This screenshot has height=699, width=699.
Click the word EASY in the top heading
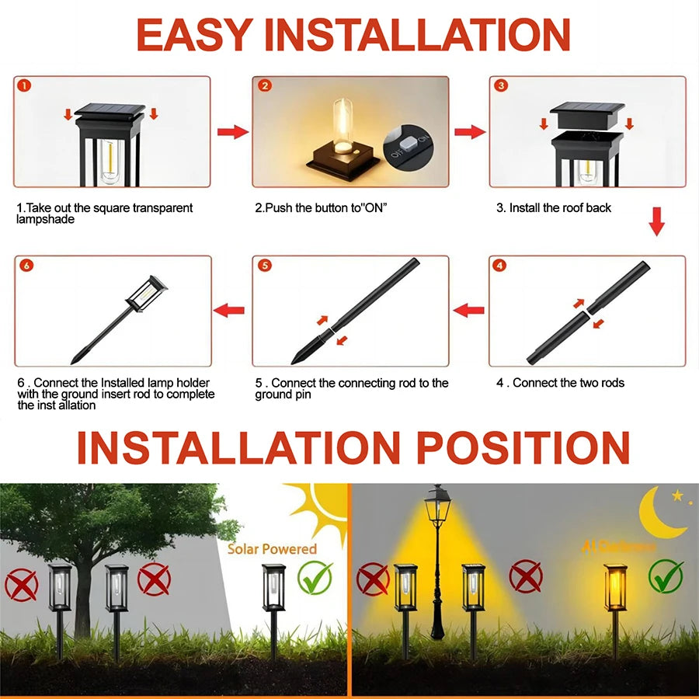(x=194, y=35)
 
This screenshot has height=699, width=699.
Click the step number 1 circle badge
(x=25, y=86)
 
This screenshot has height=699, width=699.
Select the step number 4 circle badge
(x=500, y=266)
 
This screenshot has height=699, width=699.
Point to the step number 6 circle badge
(x=26, y=266)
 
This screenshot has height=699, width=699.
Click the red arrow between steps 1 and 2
(x=231, y=132)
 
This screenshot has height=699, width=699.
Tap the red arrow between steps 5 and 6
(x=229, y=311)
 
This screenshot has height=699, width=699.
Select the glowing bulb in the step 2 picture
(x=343, y=128)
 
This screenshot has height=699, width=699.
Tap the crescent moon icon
(x=660, y=513)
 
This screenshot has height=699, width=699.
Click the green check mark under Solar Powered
(x=315, y=578)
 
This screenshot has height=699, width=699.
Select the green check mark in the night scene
(x=666, y=576)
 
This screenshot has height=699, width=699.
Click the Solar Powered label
(x=272, y=549)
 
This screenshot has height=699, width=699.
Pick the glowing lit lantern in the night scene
(x=615, y=588)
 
